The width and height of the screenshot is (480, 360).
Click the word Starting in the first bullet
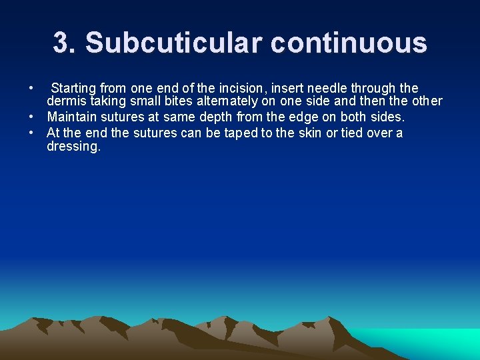pos(73,88)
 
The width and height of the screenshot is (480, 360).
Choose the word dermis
pos(66,102)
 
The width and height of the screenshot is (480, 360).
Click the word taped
pos(240,133)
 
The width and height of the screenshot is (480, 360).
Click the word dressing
pos(73,147)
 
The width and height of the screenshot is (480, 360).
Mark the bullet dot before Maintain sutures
pos(31,117)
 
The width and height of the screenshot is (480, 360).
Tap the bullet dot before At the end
pos(31,133)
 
